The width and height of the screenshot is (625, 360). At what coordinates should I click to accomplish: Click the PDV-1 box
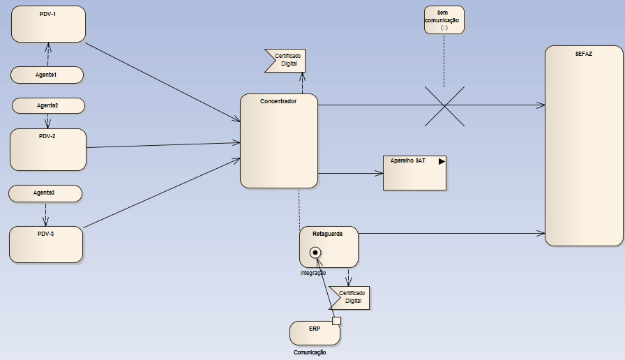48,24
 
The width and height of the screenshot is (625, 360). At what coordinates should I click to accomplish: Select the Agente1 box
47,74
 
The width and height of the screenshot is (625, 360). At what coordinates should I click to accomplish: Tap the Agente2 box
48,105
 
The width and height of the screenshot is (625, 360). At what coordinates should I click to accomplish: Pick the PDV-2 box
48,149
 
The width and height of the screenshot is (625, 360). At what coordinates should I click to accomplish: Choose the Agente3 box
45,193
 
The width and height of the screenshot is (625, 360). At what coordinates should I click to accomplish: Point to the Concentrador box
279,141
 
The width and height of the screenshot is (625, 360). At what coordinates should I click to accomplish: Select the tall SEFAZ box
583,146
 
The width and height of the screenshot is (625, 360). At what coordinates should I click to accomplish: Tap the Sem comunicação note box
444,20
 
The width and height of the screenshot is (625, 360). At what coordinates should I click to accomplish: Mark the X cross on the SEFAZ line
444,105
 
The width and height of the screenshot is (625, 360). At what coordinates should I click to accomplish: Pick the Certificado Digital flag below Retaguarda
349,297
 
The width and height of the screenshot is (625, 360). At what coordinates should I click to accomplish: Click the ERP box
315,333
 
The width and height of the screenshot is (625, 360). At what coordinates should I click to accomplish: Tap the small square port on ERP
336,321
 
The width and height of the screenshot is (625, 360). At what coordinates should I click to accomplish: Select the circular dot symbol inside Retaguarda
315,252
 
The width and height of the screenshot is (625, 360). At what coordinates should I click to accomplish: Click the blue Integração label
312,273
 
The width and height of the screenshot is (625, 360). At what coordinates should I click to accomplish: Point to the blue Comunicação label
310,352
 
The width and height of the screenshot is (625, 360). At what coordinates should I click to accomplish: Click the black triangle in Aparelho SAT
442,161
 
